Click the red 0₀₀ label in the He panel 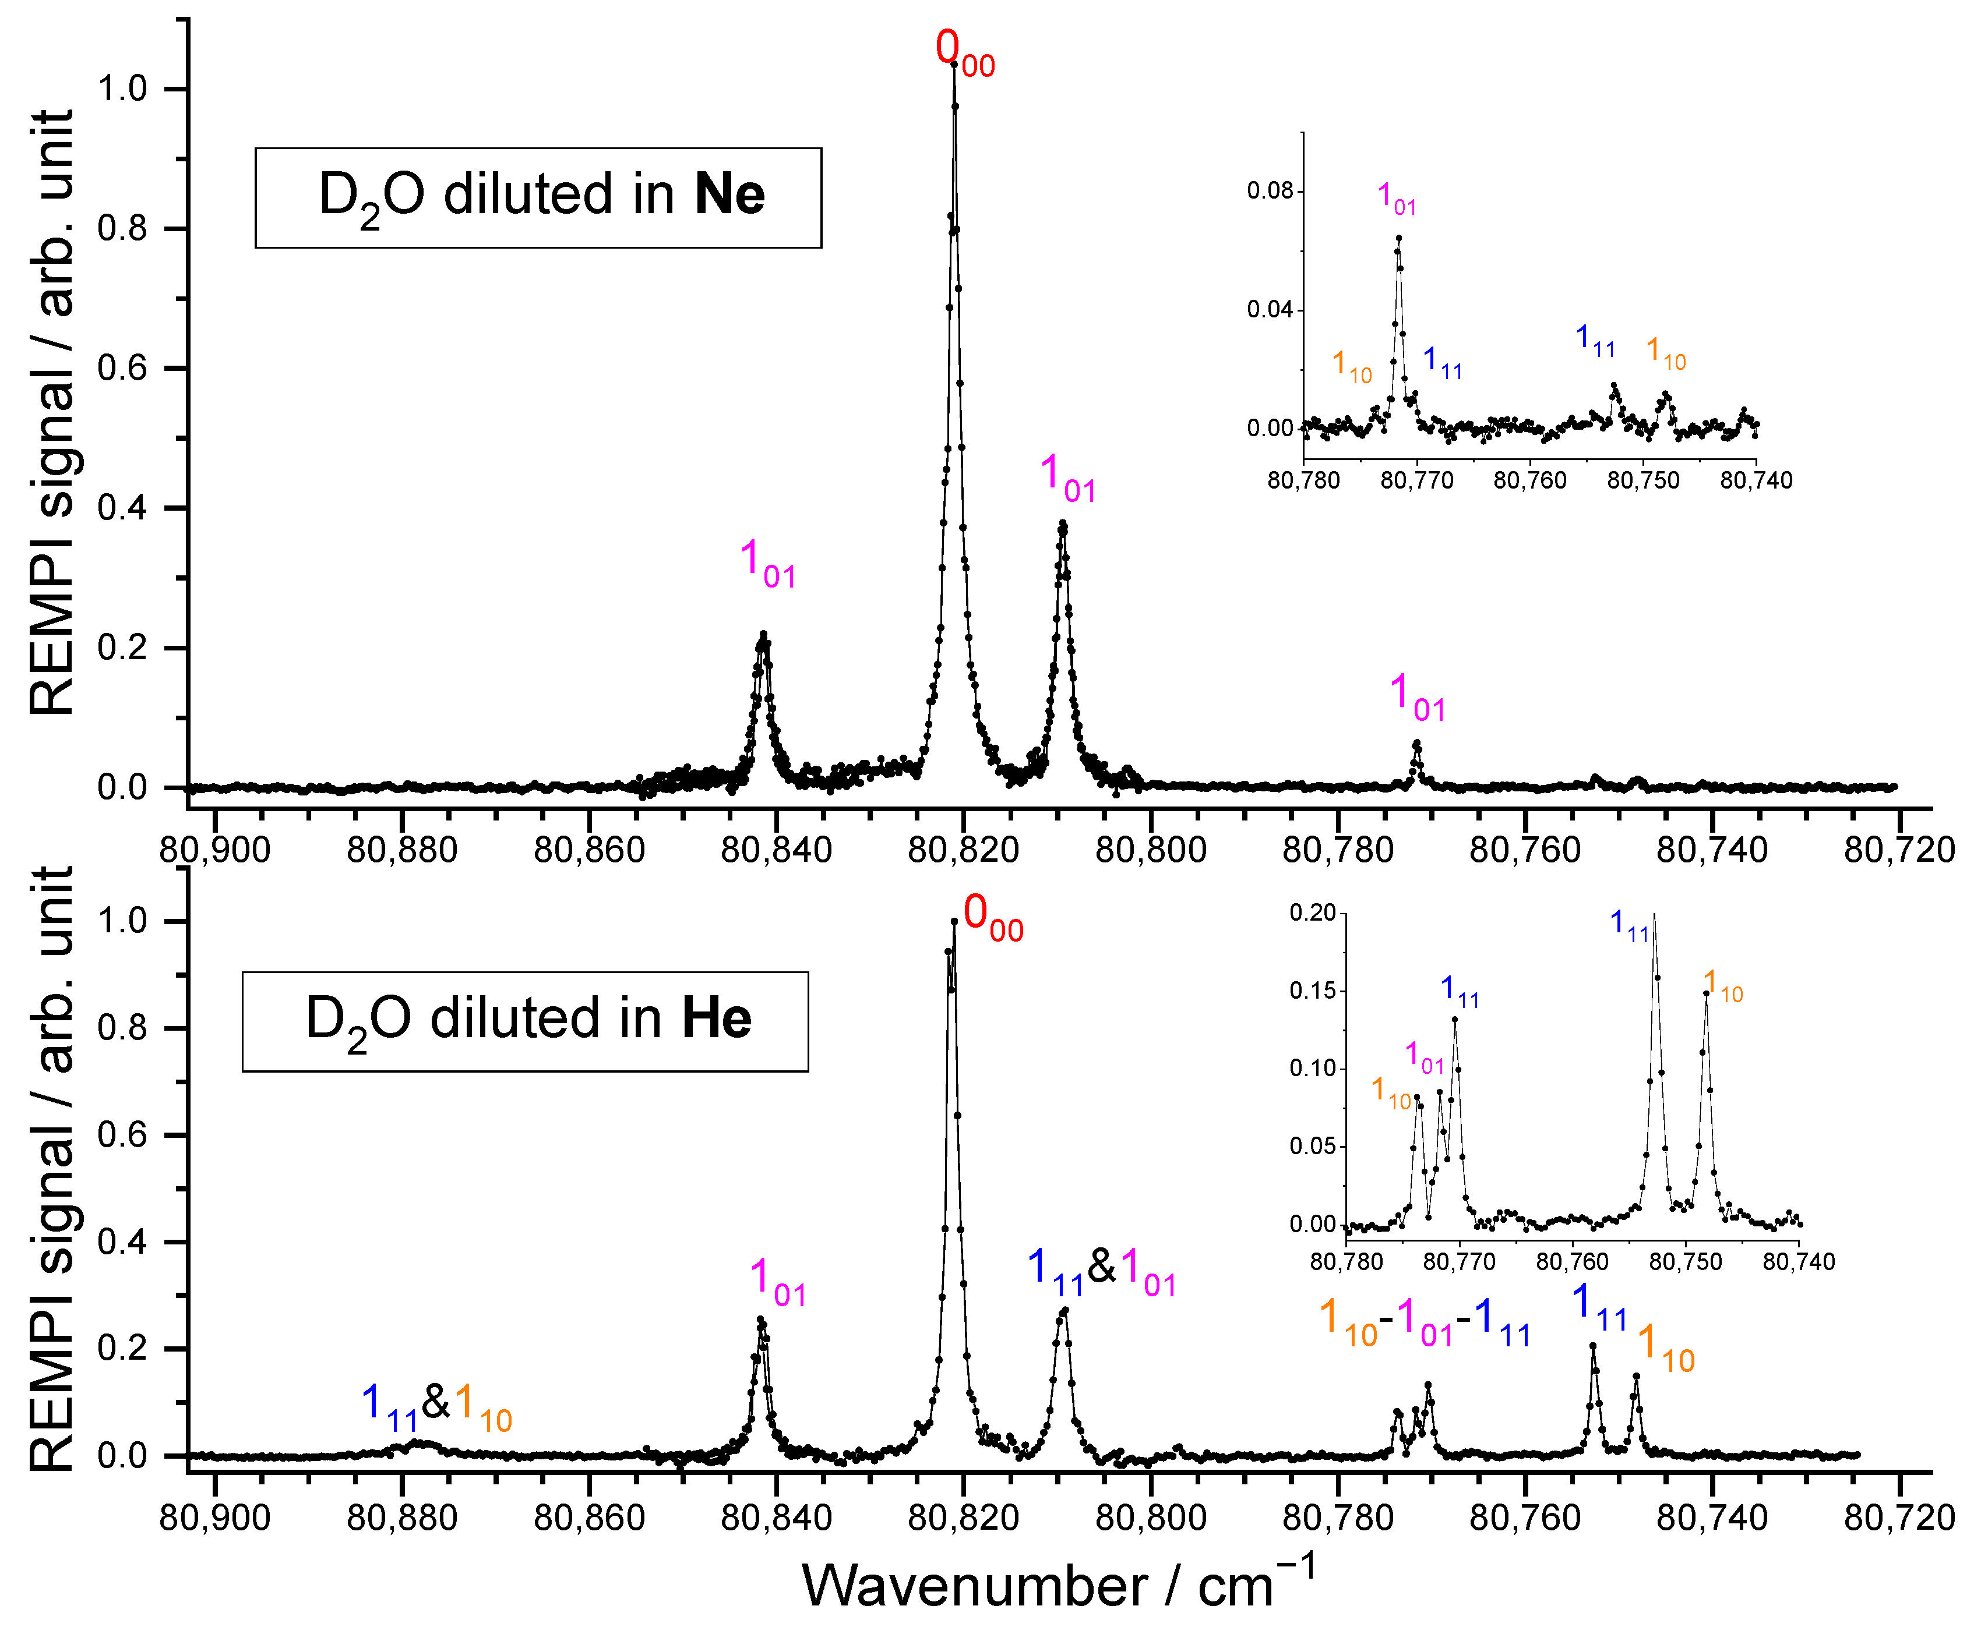coord(992,915)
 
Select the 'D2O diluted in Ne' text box coord(538,198)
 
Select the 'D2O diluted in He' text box coord(525,1021)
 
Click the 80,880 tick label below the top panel coord(401,850)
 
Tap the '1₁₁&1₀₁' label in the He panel coord(1102,1271)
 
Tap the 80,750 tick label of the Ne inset coord(1642,481)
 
